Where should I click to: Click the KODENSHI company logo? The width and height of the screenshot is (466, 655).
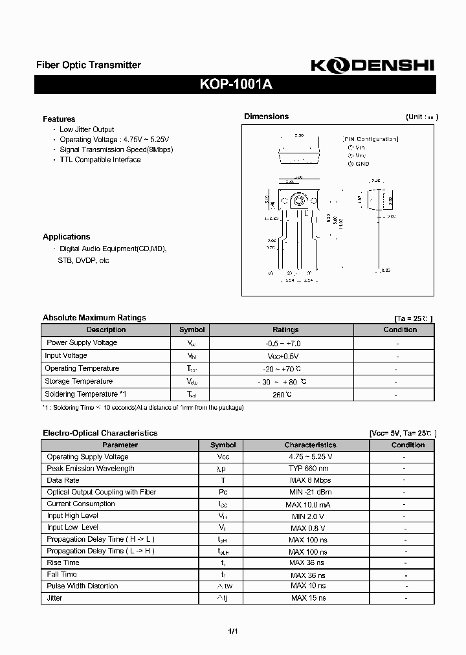(372, 65)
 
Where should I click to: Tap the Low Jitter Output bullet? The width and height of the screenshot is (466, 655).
(87, 129)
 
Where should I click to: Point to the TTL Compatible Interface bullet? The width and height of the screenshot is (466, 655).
(100, 160)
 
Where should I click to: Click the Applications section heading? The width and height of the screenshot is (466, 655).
(67, 237)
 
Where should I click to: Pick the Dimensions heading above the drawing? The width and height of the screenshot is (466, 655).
(266, 117)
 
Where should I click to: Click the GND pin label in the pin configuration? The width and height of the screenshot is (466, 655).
(362, 164)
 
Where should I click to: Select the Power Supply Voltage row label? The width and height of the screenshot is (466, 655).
(82, 342)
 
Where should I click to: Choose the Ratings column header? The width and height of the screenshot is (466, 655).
(285, 329)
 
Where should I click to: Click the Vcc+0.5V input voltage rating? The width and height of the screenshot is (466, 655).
(283, 356)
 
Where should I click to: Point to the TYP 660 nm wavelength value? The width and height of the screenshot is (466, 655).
(309, 469)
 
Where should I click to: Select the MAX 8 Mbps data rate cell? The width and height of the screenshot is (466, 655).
(310, 480)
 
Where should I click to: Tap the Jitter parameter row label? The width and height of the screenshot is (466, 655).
(54, 598)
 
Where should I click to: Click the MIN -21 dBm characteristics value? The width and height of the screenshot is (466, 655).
(310, 493)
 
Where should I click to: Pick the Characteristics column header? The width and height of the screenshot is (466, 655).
(310, 445)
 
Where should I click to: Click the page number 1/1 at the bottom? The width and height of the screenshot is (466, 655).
(232, 631)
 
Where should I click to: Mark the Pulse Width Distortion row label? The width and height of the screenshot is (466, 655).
(82, 586)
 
